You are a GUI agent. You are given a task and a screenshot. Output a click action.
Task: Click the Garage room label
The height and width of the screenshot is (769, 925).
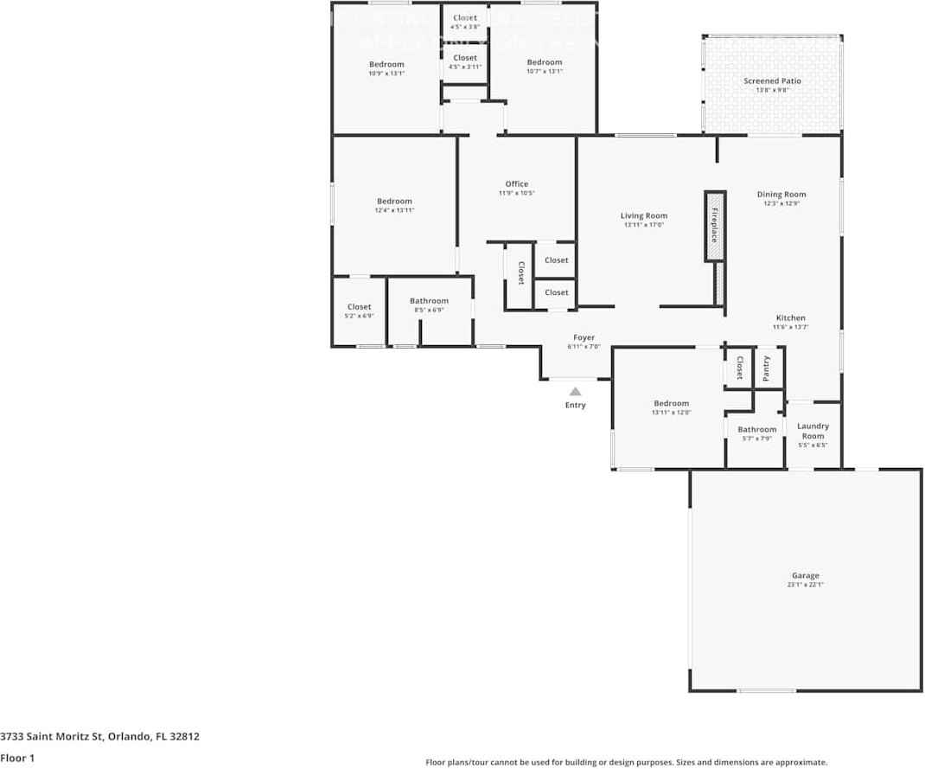(805, 575)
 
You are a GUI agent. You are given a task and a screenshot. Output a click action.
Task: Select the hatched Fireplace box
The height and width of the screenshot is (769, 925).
(714, 225)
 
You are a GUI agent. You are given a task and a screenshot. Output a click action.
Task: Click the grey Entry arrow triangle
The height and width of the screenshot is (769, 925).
(575, 392)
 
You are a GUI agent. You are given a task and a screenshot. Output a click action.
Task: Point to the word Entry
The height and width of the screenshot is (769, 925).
(575, 405)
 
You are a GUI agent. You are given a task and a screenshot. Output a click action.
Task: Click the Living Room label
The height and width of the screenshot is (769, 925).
(644, 216)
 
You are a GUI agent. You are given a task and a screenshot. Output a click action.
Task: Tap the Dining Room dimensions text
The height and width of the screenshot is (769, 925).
(781, 204)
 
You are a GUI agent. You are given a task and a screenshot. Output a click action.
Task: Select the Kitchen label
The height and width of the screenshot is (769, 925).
(790, 317)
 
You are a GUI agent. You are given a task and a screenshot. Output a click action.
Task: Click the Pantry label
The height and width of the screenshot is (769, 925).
(767, 368)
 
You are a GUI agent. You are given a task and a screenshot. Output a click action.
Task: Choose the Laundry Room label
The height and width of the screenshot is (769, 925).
(813, 431)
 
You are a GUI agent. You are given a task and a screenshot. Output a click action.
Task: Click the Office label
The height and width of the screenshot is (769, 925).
(517, 183)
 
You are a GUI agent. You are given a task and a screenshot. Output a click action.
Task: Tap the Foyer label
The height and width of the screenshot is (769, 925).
(584, 337)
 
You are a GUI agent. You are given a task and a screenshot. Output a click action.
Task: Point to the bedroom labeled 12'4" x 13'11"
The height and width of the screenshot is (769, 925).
(394, 205)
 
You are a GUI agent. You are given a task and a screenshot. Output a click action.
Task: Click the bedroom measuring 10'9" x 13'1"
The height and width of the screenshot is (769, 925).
(386, 68)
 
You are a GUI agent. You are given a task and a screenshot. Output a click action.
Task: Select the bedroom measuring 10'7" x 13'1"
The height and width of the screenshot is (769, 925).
(545, 66)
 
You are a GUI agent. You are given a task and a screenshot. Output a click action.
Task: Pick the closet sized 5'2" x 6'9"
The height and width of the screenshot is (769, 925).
(359, 311)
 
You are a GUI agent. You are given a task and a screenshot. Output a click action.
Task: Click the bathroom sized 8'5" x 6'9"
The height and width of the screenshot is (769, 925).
(429, 304)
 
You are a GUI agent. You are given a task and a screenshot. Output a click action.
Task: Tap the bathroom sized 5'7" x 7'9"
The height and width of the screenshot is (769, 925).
(756, 433)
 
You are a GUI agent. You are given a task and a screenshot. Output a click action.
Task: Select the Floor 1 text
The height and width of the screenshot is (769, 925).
(17, 758)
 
